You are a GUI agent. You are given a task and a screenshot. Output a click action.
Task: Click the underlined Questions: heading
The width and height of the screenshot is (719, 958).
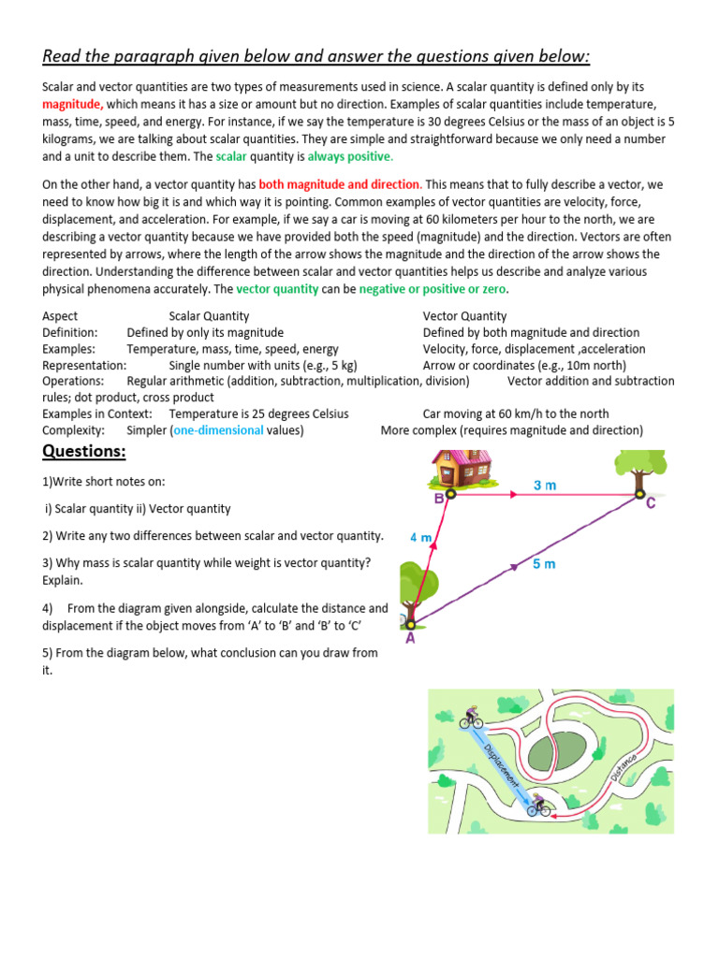coord(84,453)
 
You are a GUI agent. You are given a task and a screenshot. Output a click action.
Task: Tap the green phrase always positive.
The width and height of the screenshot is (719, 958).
coord(351,156)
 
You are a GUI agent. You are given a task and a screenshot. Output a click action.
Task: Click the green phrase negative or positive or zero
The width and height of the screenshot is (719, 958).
coord(433,289)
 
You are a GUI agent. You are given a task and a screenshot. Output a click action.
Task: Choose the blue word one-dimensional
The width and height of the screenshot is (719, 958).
coord(219,430)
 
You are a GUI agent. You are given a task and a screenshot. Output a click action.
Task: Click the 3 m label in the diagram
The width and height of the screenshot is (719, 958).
coord(545,486)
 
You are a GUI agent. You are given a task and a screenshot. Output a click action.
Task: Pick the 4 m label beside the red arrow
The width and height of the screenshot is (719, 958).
coord(421,538)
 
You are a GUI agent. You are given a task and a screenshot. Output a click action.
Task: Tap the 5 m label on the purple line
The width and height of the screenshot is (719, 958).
coord(544,564)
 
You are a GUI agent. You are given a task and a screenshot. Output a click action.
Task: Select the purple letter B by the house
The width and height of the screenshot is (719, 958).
coord(438,500)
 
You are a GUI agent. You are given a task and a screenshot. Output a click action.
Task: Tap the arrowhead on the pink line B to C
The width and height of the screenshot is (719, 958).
coord(513,493)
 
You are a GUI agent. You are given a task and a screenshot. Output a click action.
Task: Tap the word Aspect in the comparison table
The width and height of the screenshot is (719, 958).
coord(61,316)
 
